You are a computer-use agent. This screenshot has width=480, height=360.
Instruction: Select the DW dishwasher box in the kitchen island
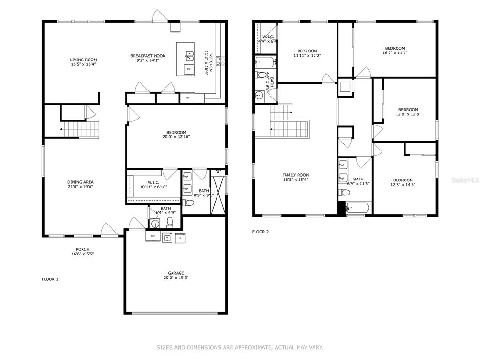(x=189, y=69)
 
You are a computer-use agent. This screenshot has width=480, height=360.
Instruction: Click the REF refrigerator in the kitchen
(x=187, y=98)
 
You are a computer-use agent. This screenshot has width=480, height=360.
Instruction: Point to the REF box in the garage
(x=153, y=236)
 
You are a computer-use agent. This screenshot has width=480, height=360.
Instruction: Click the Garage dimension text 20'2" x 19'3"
(x=176, y=277)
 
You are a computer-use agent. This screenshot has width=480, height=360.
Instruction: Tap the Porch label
(x=82, y=249)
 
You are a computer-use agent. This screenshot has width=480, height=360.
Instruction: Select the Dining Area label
(x=81, y=182)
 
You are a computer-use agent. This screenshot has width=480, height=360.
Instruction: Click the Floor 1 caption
(x=50, y=279)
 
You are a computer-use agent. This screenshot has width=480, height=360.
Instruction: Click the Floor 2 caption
(x=260, y=232)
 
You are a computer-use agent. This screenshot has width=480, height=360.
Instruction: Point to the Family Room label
(x=296, y=175)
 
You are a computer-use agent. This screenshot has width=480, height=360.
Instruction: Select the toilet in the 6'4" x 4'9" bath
(x=170, y=222)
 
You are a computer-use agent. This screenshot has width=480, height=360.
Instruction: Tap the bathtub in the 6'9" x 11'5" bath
(x=358, y=208)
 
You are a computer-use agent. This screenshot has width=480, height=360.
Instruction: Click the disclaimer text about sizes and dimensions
(x=240, y=347)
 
